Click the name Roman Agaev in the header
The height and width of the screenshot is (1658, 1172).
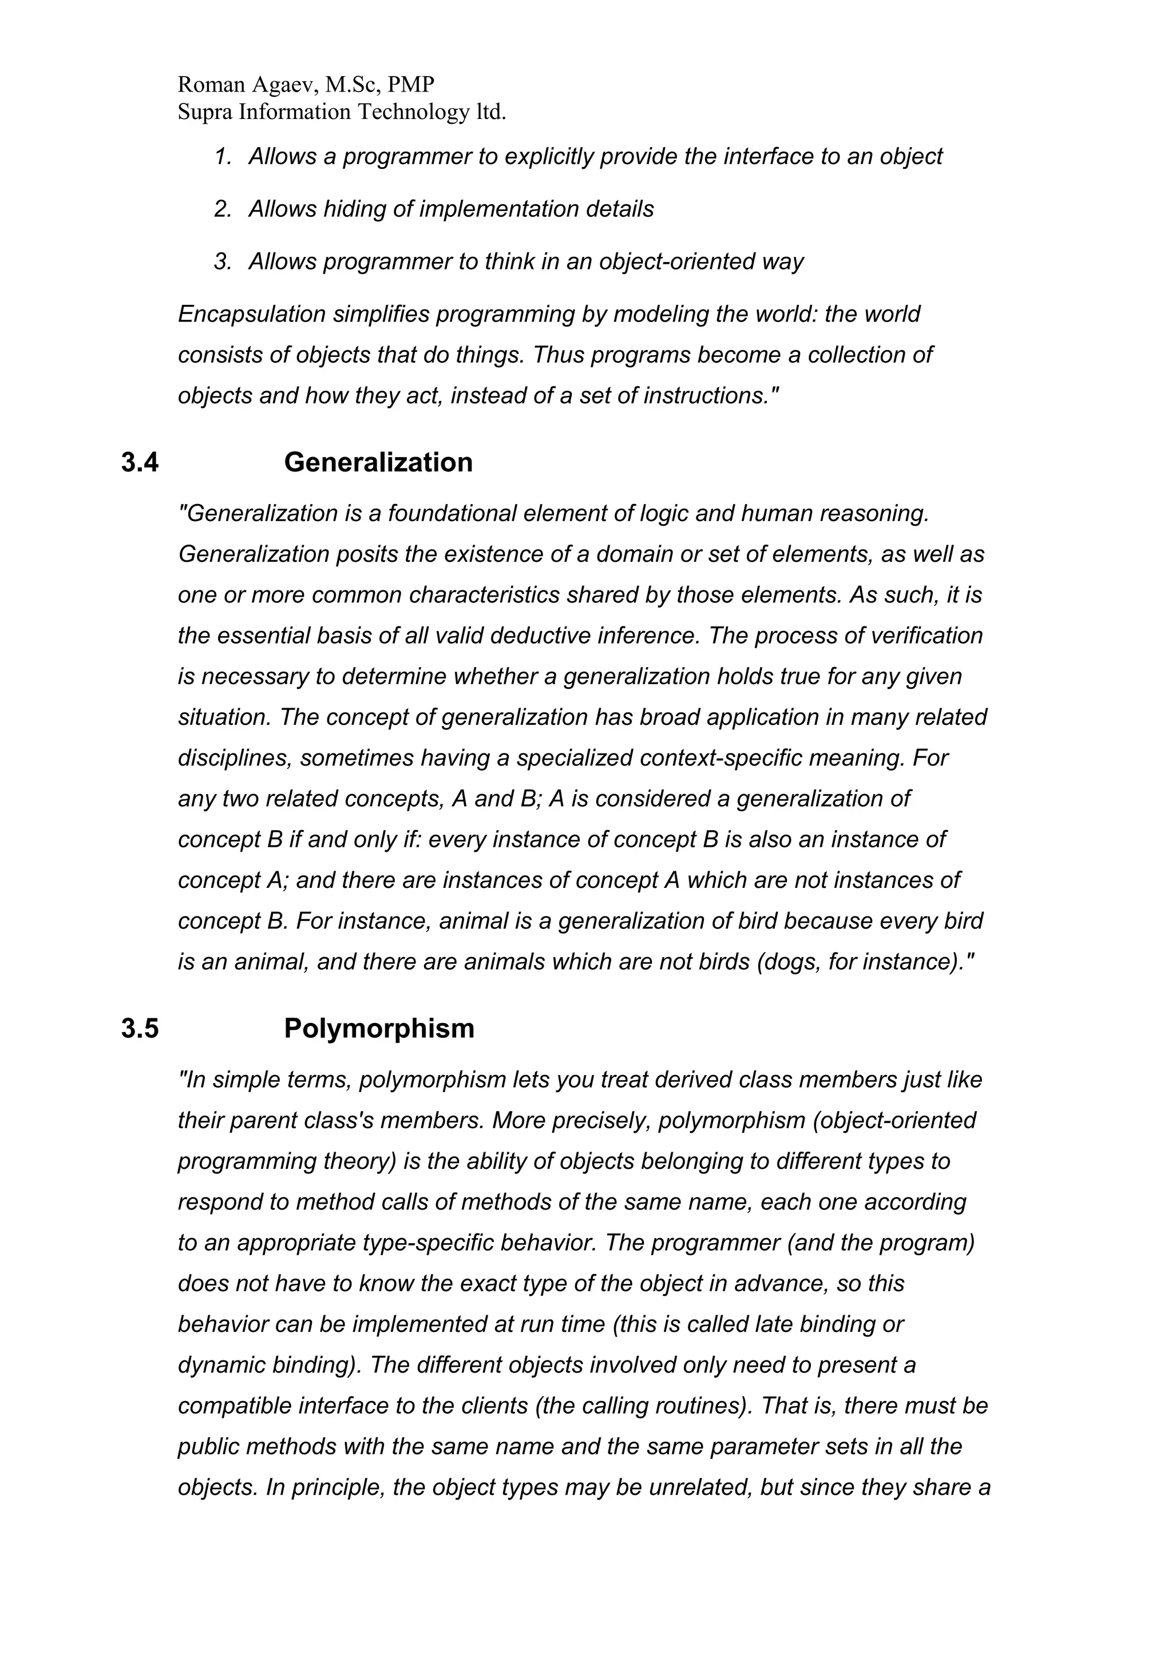point(246,85)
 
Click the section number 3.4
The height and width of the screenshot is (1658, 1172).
point(140,462)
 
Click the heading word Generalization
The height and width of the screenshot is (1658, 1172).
point(378,462)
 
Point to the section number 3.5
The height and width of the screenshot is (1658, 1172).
point(140,1028)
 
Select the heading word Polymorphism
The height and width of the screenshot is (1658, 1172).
point(379,1028)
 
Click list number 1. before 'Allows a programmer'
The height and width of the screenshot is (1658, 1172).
point(223,157)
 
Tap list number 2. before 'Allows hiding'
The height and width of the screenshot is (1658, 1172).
point(223,209)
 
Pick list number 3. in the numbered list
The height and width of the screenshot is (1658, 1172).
point(223,261)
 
